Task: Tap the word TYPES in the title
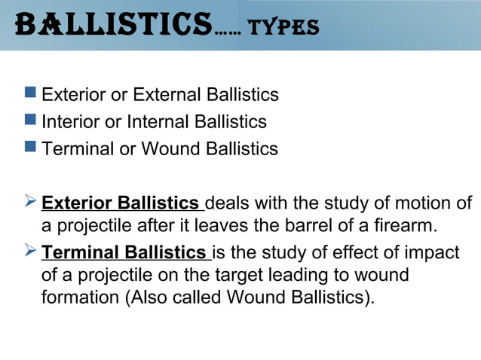tap(283, 28)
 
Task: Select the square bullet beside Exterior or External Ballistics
tap(29, 93)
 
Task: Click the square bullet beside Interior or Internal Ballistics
tap(29, 121)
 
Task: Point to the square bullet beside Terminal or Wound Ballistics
tap(29, 148)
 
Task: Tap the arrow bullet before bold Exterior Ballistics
tap(30, 202)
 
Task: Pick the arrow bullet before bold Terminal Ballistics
tap(30, 252)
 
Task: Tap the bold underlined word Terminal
tap(77, 252)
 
